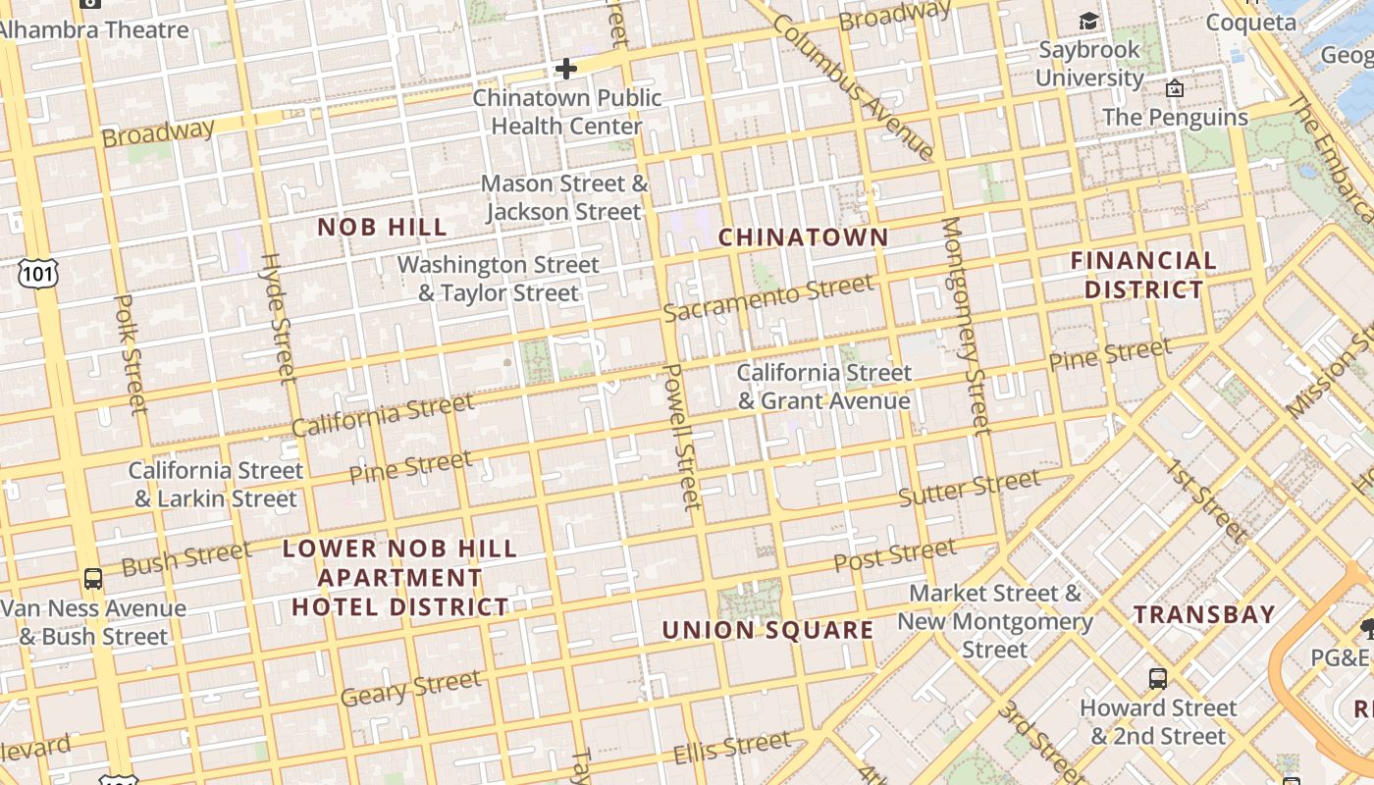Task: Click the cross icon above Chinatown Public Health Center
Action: click(x=565, y=69)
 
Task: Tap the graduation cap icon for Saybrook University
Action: click(x=1088, y=22)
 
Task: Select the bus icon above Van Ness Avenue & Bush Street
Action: click(x=93, y=579)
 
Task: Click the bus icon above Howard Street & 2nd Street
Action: click(x=1158, y=678)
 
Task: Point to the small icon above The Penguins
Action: click(x=1174, y=89)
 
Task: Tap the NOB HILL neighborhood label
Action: click(x=383, y=228)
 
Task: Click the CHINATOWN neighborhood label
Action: click(x=803, y=237)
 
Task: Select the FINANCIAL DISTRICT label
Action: click(x=1143, y=275)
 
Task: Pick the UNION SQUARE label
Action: click(x=767, y=630)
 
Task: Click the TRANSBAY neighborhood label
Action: click(x=1204, y=615)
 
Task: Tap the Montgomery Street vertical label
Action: click(x=965, y=325)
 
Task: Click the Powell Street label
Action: click(x=683, y=436)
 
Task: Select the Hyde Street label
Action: click(x=278, y=317)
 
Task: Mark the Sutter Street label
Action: click(x=969, y=487)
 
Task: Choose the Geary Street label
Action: click(x=410, y=688)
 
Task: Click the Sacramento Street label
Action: click(x=767, y=297)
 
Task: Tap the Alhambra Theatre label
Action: click(x=94, y=29)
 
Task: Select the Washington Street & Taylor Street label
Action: click(x=498, y=279)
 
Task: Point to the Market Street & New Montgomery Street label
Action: click(x=994, y=621)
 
